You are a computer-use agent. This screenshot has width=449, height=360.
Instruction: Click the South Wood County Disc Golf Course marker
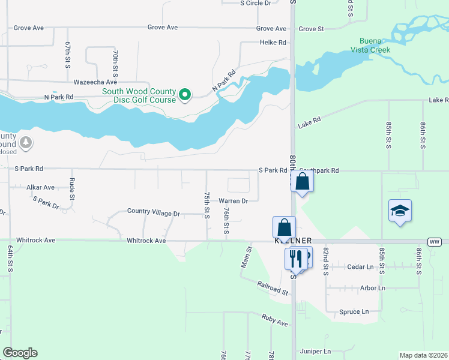185,94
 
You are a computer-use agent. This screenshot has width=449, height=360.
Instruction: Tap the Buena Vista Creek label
370,45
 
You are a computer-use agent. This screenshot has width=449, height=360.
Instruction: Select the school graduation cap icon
400,211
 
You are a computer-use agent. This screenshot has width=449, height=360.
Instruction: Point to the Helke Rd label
273,43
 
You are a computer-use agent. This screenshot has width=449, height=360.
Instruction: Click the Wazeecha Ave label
95,82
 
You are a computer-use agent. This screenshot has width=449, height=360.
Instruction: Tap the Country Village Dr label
153,213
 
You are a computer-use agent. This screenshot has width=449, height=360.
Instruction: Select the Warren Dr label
233,201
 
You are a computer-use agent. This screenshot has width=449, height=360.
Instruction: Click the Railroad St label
273,288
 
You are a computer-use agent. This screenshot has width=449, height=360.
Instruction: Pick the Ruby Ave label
274,320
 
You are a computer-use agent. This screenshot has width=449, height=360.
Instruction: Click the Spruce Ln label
354,312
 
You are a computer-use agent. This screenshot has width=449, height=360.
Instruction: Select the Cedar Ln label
361,266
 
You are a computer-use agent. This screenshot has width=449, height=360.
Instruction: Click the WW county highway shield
434,241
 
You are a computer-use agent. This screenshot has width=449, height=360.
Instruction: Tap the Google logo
20,353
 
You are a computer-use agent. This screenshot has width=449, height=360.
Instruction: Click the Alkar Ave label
40,187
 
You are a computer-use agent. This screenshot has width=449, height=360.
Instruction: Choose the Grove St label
311,29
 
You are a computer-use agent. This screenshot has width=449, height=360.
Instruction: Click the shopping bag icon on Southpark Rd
303,182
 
